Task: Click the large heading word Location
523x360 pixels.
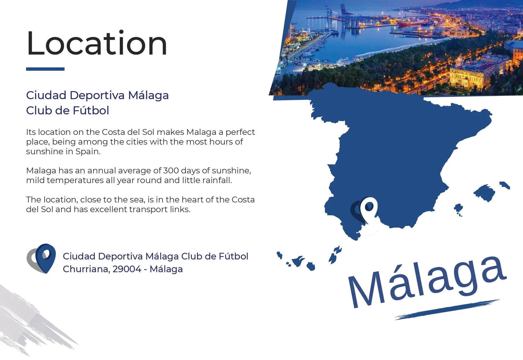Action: coord(97,43)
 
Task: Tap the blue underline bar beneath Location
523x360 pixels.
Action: coord(45,69)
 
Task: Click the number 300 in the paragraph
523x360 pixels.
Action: coord(171,170)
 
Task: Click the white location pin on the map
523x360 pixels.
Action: coord(368,210)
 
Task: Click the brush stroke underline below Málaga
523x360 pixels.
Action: coord(447,310)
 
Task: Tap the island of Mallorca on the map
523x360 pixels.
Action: coord(484,193)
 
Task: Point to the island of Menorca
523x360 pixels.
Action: coord(504,185)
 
